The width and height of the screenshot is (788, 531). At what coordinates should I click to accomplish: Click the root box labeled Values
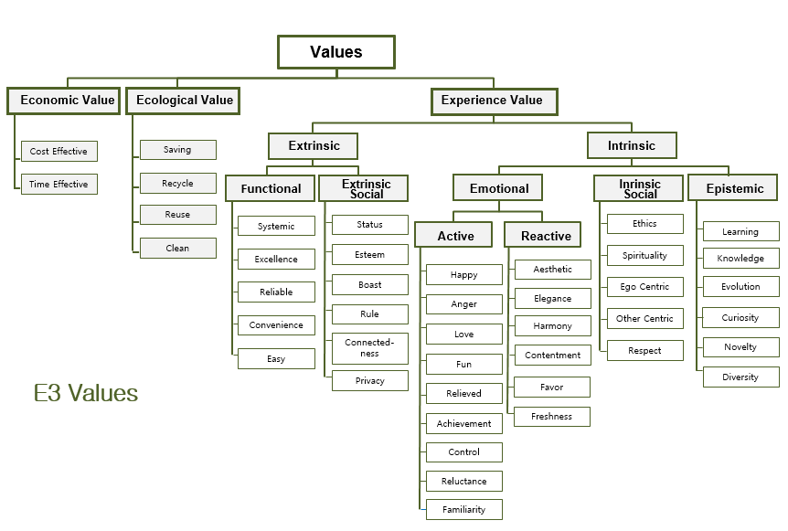336,52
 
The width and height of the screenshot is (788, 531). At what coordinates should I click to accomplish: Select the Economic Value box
68,101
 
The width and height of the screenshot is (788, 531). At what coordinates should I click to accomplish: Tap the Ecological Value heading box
185,101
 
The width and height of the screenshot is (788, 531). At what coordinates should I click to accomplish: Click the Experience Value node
492,101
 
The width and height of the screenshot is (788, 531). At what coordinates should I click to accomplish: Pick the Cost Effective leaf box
59,151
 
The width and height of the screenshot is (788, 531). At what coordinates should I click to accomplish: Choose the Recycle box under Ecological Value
177,183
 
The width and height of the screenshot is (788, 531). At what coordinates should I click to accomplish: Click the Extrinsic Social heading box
366,188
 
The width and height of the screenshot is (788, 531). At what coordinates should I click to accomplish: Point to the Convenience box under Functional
276,325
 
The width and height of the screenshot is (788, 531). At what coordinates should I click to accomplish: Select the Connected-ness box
369,348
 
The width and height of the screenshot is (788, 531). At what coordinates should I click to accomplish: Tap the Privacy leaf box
369,380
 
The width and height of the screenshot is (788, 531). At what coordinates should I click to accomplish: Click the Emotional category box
499,188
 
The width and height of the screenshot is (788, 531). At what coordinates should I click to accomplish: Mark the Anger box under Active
463,304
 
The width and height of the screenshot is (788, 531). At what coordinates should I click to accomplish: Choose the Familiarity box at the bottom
463,509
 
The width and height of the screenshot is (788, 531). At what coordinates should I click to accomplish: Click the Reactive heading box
546,236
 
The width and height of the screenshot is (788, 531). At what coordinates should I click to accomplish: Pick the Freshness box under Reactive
551,416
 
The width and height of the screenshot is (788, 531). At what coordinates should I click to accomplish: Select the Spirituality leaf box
644,256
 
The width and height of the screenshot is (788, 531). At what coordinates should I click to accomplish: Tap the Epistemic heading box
734,188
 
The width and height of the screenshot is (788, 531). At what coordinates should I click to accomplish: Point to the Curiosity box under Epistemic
740,318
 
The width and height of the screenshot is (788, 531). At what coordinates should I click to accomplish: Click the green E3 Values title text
86,394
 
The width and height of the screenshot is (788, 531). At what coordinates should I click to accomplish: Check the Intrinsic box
632,145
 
